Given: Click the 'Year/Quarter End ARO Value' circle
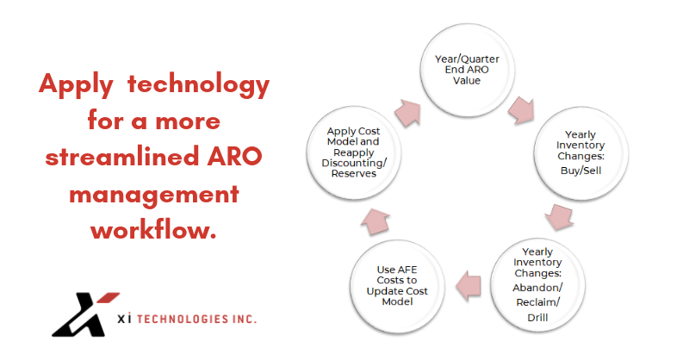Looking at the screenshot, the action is [x=467, y=70].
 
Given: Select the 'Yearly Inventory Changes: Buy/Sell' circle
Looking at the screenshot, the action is [x=580, y=152].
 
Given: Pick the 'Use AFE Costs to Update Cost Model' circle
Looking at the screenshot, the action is [x=397, y=286].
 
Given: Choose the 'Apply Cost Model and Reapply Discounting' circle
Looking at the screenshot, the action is [x=354, y=152].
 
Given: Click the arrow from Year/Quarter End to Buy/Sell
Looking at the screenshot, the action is [x=522, y=110].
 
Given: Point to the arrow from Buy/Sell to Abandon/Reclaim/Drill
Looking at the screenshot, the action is [x=559, y=216].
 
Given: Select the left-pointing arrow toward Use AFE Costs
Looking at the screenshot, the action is [x=468, y=286].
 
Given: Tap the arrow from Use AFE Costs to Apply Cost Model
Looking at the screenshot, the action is [x=376, y=221].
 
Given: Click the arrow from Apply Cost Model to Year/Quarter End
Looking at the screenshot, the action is [x=407, y=113].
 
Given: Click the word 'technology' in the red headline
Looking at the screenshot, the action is [x=198, y=84].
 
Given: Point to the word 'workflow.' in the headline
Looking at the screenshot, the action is [x=154, y=229].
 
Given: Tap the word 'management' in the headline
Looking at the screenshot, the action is [x=154, y=195].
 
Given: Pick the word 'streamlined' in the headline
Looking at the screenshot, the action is [x=122, y=157].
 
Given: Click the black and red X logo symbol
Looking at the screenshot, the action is [x=85, y=314].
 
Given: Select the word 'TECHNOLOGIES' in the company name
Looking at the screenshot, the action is [x=183, y=320].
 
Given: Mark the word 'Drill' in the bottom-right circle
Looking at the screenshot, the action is [x=537, y=317].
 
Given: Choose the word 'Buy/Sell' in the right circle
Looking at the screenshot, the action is [x=580, y=171].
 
